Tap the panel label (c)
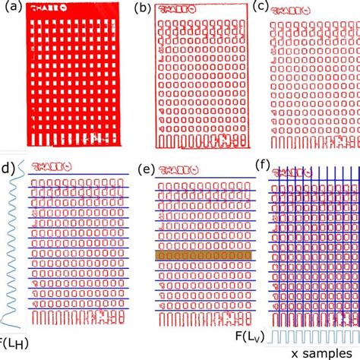[261, 8]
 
